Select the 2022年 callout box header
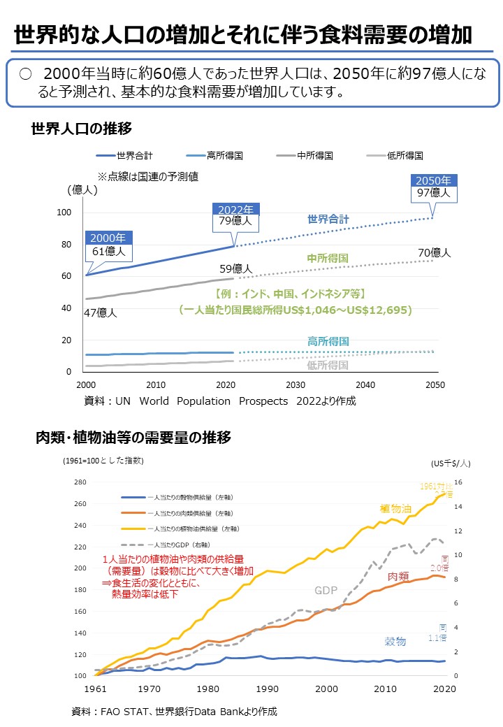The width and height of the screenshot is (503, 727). pos(235,210)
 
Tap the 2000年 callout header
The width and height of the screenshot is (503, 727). pos(108,238)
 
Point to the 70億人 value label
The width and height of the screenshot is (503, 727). pos(435,252)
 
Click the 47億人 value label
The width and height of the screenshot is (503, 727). pos(101,312)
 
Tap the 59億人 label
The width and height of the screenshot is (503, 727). pos(235,268)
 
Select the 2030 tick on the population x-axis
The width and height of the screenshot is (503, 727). pos(296,385)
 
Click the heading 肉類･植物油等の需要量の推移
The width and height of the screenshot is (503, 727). pos(133,438)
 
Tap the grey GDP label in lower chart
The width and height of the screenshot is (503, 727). pos(326,591)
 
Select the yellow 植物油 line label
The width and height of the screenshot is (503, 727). pos(395,508)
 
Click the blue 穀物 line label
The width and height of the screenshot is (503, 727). pos(395,641)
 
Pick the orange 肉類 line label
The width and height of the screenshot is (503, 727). pos(398,577)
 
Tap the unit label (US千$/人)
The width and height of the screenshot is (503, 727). pos(450,462)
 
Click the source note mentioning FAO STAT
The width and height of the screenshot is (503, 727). pos(175,712)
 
